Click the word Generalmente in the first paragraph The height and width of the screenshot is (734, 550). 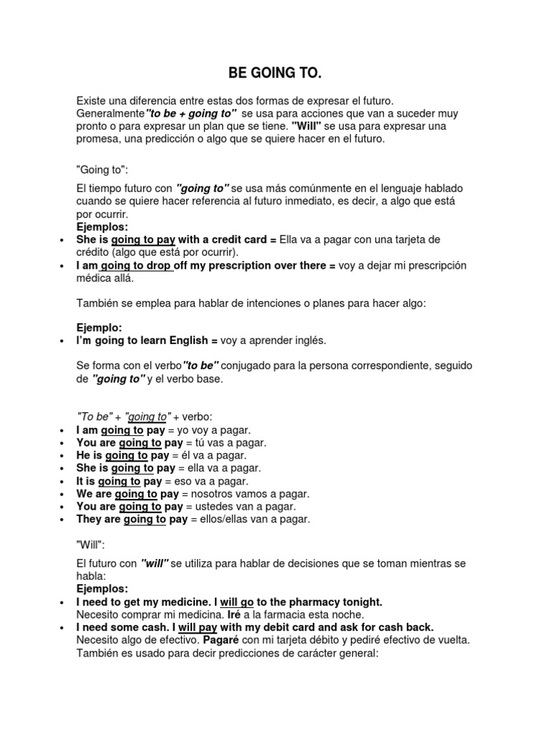coord(110,114)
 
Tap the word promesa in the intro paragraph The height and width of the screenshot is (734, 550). coord(97,140)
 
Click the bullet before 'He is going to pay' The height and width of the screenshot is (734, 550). coord(62,456)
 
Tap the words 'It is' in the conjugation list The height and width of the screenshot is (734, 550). coord(85,481)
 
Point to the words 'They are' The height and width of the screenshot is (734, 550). coord(98,520)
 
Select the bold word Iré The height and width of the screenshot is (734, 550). coord(235,614)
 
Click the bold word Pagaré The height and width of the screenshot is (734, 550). coord(224,640)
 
